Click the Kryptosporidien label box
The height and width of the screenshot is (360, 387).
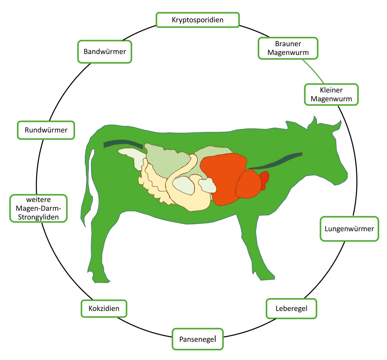[197, 20]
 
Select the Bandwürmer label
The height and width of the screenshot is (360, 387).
[104, 52]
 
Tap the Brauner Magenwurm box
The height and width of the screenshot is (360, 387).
[288, 48]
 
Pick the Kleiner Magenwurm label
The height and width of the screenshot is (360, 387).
[331, 95]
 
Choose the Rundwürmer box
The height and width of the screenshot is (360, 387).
[46, 130]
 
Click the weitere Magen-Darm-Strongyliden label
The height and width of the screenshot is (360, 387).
[38, 208]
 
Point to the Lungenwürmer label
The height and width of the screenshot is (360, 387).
[349, 229]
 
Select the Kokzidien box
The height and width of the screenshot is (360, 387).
[104, 308]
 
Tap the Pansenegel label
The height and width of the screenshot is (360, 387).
[197, 339]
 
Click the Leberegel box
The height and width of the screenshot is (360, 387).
[291, 309]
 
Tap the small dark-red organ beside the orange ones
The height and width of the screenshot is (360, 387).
[264, 179]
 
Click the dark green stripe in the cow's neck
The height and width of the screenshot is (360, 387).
[277, 161]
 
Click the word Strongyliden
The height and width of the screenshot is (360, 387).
[38, 217]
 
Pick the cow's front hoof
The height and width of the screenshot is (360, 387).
[266, 276]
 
